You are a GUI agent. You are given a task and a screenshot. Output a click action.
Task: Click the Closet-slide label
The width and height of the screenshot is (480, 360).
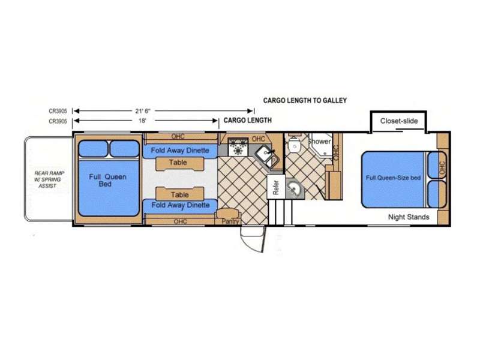click(x=399, y=121)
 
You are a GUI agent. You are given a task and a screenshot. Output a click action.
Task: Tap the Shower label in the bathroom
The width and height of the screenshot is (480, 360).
click(x=320, y=142)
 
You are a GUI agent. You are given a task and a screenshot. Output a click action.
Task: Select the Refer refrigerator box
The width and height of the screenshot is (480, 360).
click(x=276, y=187)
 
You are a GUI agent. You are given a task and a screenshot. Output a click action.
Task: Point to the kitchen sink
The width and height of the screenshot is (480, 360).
click(x=266, y=156)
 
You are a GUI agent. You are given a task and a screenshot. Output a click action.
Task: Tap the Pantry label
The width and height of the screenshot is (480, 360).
click(x=230, y=221)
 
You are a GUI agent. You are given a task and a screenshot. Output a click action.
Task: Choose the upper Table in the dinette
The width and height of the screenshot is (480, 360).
click(x=179, y=163)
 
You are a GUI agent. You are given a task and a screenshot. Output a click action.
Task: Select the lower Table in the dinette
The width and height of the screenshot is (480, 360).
click(x=179, y=194)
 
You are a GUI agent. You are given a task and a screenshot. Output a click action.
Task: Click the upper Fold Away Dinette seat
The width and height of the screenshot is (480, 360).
click(x=180, y=151)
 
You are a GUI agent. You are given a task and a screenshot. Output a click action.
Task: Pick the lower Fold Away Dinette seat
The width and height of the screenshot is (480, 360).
click(x=180, y=206)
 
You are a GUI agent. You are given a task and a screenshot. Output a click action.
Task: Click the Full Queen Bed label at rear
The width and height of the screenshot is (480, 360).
click(x=107, y=181)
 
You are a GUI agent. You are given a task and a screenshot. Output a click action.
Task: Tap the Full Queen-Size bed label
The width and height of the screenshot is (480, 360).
click(x=393, y=178)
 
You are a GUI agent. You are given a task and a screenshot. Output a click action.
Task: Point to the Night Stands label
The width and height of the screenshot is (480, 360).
click(x=409, y=217)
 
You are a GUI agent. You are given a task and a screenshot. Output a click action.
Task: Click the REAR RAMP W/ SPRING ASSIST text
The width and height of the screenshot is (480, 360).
click(x=49, y=179)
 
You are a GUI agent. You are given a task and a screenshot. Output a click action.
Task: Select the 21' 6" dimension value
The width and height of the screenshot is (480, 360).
click(x=143, y=111)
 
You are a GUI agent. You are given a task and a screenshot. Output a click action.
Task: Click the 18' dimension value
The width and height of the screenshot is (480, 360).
click(x=142, y=121)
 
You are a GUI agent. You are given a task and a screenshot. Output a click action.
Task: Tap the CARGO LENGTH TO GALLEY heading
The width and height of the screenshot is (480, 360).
click(x=305, y=100)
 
